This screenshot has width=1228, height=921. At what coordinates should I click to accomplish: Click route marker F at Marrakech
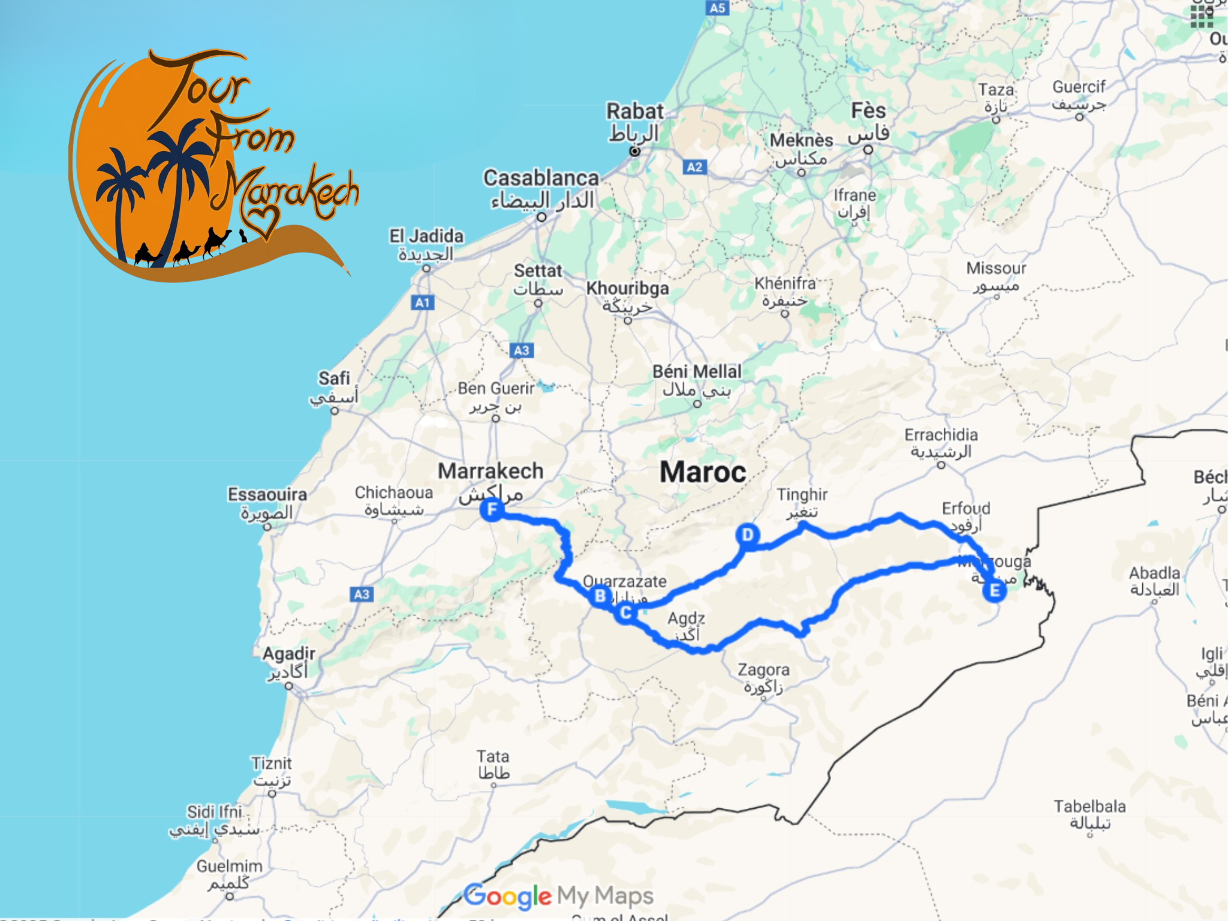(x=492, y=510)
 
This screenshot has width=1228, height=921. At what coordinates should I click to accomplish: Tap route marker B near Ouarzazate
(x=600, y=596)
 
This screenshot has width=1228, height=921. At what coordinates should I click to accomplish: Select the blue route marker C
(x=625, y=613)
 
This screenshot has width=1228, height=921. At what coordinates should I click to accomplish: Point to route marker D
(x=747, y=534)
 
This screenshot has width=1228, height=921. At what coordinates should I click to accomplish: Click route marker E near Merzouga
(x=994, y=591)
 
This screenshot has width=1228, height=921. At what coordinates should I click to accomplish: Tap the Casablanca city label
(x=541, y=178)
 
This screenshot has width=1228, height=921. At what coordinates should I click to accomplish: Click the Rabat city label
(x=634, y=112)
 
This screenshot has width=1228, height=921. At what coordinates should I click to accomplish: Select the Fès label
(x=868, y=111)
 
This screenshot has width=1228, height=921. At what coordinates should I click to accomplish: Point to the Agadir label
(x=288, y=654)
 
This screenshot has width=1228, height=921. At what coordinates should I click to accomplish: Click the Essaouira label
(x=267, y=495)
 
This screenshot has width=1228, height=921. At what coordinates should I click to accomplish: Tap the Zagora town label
(x=763, y=670)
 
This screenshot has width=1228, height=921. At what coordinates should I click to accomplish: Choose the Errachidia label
(x=941, y=435)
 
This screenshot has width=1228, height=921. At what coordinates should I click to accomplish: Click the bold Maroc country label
(x=703, y=472)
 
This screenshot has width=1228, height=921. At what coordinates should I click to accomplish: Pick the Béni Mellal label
(x=697, y=372)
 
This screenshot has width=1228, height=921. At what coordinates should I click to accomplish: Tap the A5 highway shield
(x=717, y=8)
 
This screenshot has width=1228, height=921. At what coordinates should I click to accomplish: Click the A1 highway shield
(x=423, y=302)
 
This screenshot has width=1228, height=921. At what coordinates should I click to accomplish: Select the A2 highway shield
(x=694, y=167)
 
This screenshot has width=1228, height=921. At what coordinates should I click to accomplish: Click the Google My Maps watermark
(x=558, y=896)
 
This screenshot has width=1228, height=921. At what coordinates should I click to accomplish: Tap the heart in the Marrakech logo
(x=263, y=219)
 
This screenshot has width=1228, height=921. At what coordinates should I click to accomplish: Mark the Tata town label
(x=493, y=757)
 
